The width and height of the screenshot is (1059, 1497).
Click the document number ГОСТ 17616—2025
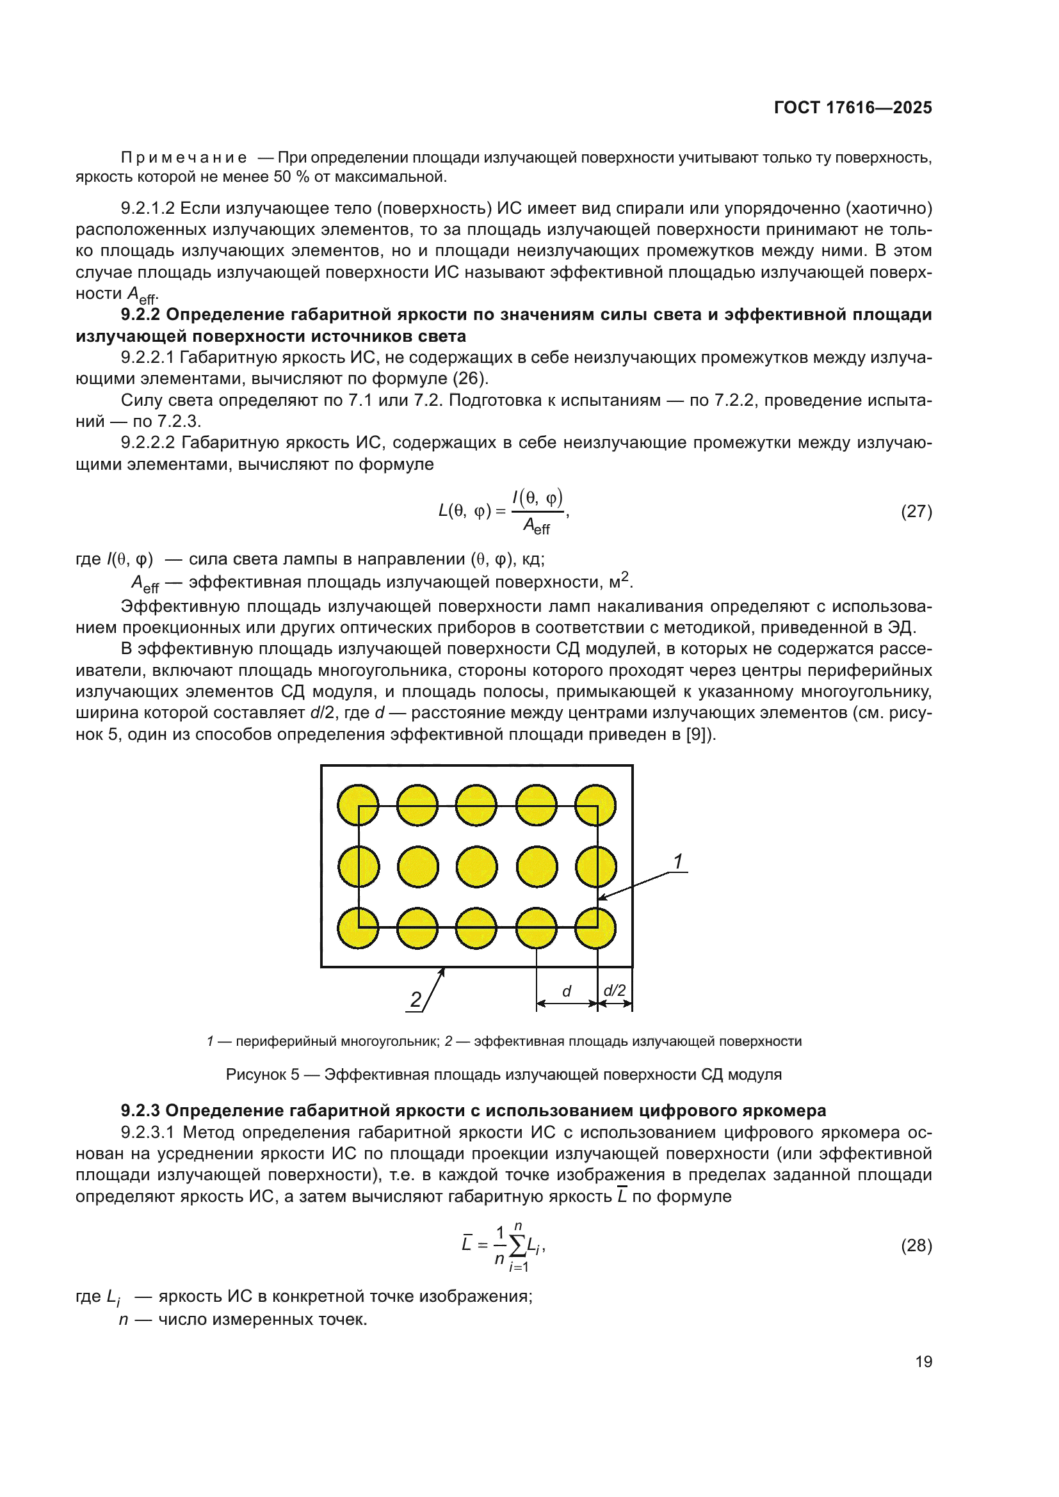pos(852,108)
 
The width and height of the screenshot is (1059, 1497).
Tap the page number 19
pos(923,1361)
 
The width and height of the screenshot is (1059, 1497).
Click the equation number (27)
pos(916,511)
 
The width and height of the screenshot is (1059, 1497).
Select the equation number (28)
pos(916,1245)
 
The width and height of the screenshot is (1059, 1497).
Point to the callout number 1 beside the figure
pos(678,861)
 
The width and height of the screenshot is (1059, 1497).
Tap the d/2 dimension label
pos(614,990)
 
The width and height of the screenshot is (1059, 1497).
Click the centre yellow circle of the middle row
pos(477,867)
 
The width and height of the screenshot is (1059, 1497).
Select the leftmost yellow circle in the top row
pos(358,805)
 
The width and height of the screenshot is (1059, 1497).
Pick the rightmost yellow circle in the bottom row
pos(595,928)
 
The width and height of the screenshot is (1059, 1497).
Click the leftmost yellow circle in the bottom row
pos(358,928)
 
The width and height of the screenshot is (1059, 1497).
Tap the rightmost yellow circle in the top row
pos(595,805)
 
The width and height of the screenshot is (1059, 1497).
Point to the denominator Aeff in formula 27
pos(537,526)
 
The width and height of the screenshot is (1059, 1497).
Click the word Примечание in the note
pos(184,158)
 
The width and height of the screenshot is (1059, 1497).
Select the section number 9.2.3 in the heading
pos(141,1110)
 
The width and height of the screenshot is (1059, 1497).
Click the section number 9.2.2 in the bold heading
pos(141,315)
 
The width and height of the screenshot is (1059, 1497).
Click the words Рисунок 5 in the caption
pos(262,1075)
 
